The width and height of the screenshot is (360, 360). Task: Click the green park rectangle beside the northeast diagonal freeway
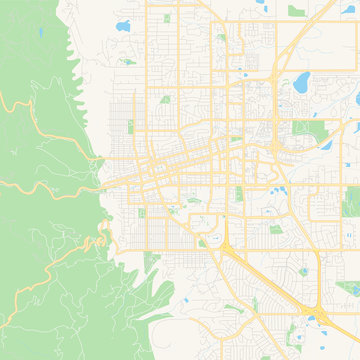296,11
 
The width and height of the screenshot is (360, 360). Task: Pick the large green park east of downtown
303,128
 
